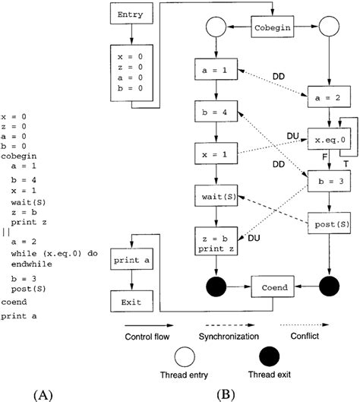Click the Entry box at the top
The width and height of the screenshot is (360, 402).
point(131,14)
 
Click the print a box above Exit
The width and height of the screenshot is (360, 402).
point(131,260)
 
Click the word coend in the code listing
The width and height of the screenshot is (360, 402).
point(14,301)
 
